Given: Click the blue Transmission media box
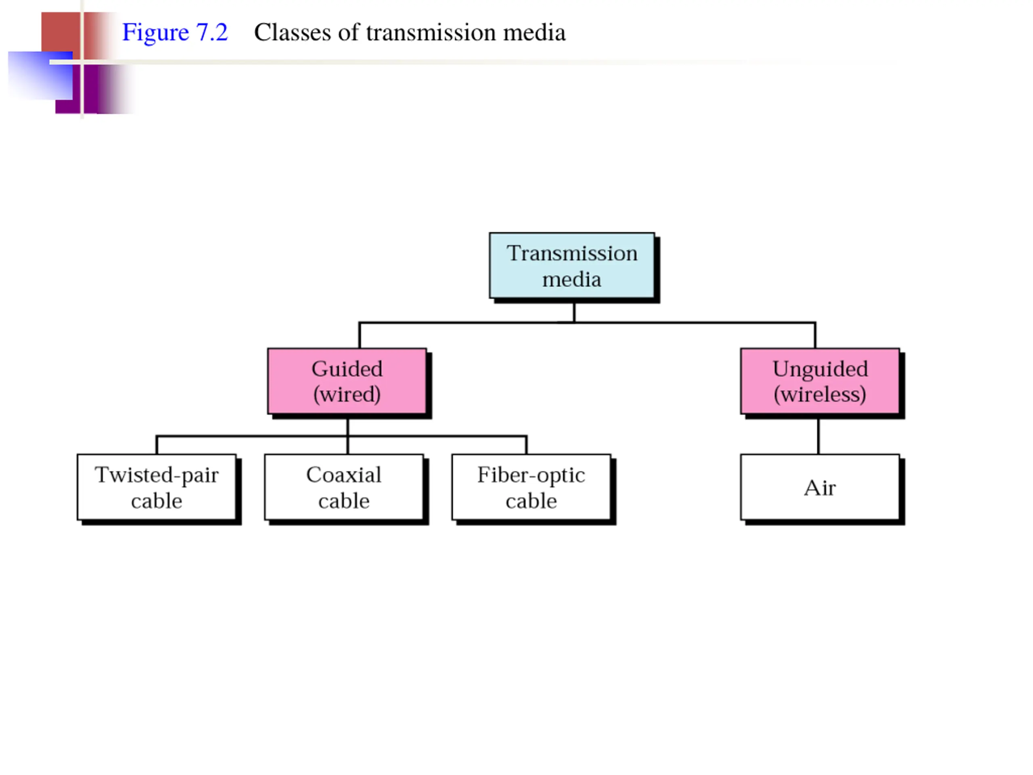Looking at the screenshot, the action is click(572, 265).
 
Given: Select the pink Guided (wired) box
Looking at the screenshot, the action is click(347, 381).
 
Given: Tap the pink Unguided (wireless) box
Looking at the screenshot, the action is click(820, 381).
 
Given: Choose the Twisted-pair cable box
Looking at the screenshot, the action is click(157, 487).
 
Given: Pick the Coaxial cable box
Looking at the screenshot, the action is click(344, 487).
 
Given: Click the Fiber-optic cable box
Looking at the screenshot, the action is click(531, 487).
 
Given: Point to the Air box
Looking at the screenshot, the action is click(820, 487).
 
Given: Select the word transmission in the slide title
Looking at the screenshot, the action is click(431, 33).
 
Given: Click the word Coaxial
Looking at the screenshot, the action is click(344, 475).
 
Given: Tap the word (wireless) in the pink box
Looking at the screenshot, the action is click(820, 394).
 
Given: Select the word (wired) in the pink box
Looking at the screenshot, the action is click(347, 394).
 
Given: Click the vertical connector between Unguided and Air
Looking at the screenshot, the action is click(818, 436).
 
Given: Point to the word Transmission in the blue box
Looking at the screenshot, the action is click(572, 253).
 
